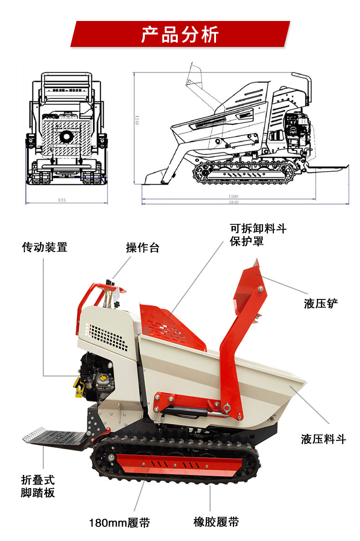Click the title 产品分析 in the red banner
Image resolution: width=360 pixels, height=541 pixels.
coord(180,35)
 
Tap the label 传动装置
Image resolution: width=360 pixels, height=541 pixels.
coord(45,247)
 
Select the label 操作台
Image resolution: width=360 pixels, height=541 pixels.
coord(142,248)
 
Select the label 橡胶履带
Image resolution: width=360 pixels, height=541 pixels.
coord(216,522)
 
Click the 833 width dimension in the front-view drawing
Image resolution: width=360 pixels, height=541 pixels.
coord(62,200)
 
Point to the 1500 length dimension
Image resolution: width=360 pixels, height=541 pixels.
coord(233,196)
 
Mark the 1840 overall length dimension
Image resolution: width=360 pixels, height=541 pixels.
coord(233,202)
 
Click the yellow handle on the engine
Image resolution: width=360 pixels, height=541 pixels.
coord(79,387)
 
